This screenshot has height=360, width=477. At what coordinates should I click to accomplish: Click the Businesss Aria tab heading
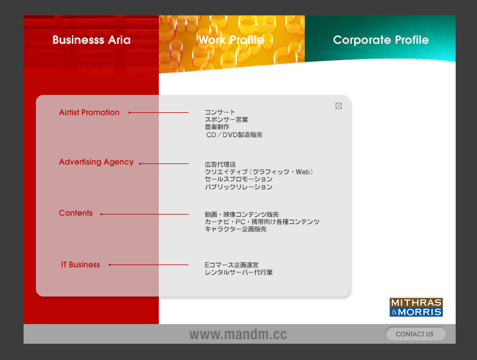(x=91, y=40)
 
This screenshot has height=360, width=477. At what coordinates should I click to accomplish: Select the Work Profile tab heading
(x=231, y=40)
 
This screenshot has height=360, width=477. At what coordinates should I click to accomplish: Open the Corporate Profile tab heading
(x=381, y=40)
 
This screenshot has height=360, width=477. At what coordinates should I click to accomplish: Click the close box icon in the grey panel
(x=338, y=106)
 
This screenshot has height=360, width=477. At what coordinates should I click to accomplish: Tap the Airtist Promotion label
(x=89, y=112)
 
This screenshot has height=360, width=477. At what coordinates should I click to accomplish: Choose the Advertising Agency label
(x=97, y=162)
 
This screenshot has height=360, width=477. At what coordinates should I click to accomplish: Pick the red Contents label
(x=76, y=213)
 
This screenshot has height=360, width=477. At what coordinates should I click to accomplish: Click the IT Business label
(x=81, y=265)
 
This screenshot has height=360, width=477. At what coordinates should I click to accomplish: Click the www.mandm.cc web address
(x=238, y=334)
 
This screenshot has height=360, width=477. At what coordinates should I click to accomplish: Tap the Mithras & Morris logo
(x=416, y=307)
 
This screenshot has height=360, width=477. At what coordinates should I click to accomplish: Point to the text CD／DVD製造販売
(x=234, y=135)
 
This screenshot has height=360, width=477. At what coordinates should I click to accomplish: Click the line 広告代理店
(x=220, y=165)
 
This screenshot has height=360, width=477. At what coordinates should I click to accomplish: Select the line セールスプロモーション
(x=238, y=179)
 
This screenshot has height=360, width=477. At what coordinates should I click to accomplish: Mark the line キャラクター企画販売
(x=236, y=229)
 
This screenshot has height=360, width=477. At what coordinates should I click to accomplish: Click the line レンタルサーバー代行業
(x=238, y=272)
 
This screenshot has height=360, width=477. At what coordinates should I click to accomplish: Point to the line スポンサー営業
(x=226, y=120)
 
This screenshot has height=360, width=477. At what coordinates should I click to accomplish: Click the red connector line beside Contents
(x=144, y=214)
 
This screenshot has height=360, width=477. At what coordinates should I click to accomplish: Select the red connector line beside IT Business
(x=149, y=265)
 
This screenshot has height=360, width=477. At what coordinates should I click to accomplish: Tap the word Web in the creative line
(x=302, y=172)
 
